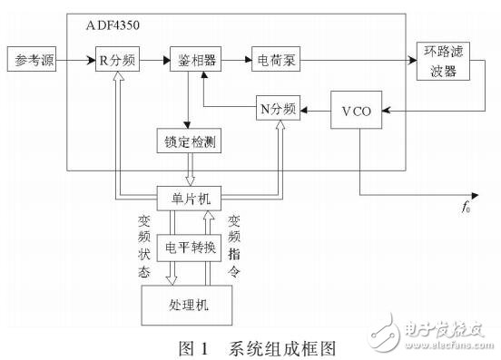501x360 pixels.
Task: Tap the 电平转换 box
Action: click(191, 247)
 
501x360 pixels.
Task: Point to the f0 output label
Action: click(467, 208)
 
